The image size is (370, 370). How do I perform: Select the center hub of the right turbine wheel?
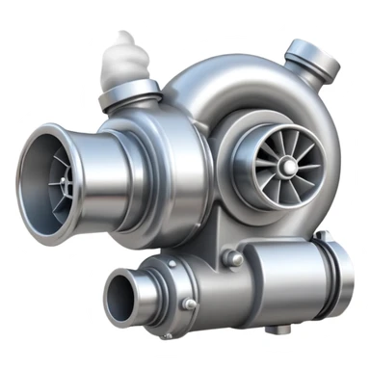(x=286, y=169)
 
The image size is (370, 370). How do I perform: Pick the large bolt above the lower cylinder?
(x=232, y=258)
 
